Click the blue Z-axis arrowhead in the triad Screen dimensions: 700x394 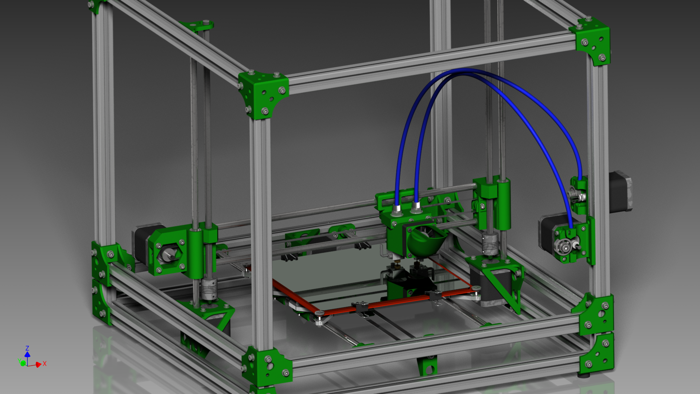[27, 354]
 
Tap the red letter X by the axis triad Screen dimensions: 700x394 [44, 363]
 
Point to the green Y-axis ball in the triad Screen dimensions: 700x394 [23, 363]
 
